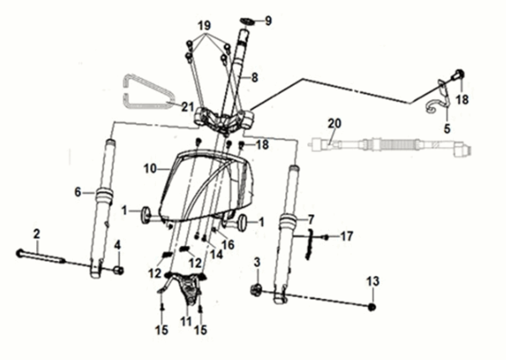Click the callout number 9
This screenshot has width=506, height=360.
[x=269, y=20]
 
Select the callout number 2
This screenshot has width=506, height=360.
[x=37, y=232]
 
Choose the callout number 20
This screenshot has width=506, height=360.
[x=334, y=123]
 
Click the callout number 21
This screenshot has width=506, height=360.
[x=188, y=105]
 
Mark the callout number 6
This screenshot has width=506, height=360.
[x=78, y=192]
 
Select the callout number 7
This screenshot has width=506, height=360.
[x=311, y=219]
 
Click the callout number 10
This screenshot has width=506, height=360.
[x=151, y=169]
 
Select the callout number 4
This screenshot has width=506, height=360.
[x=118, y=245]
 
